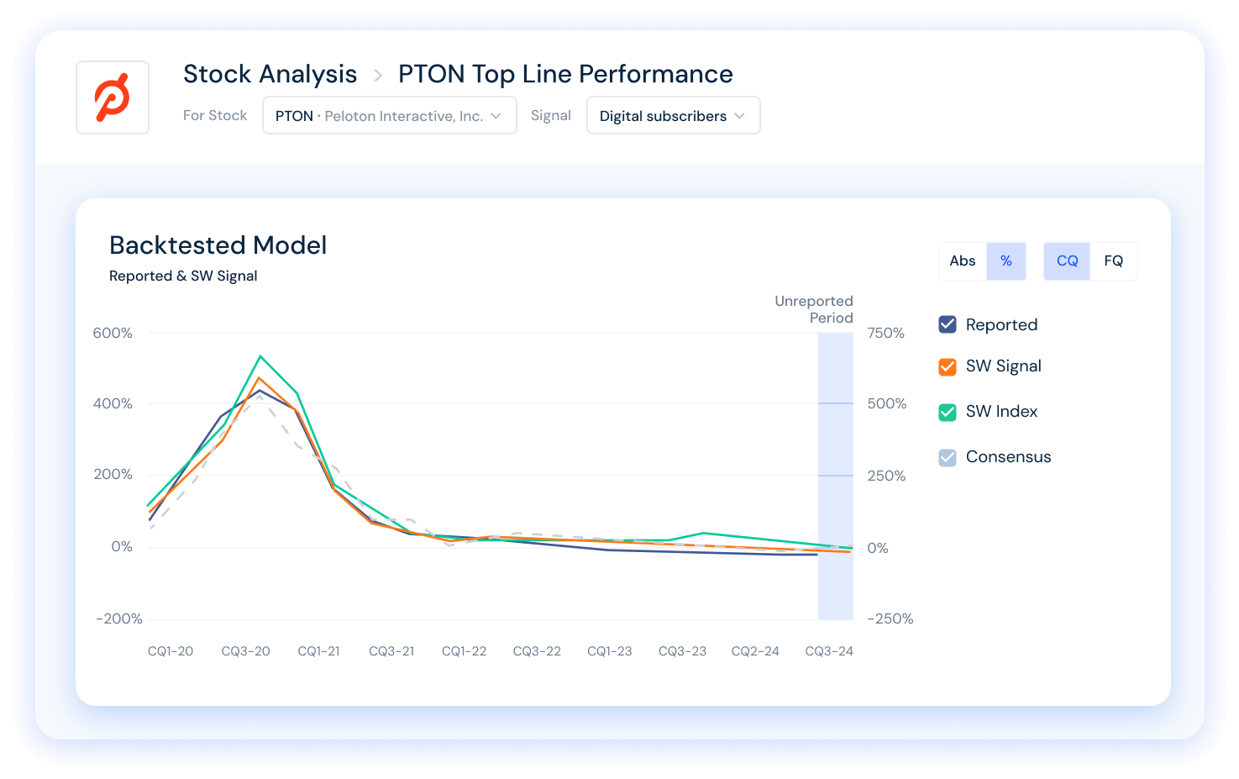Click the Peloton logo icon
coord(113,97)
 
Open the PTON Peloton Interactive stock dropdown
coord(389,116)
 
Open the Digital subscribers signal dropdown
coord(673,116)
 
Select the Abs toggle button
coord(963,261)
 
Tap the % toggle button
coord(1006,261)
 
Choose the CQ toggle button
coord(1067,261)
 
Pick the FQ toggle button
coord(1114,261)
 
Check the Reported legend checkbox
coord(948,324)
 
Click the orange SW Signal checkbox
coord(948,366)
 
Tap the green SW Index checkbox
coord(948,412)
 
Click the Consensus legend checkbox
coord(948,457)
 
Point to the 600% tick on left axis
coord(113,333)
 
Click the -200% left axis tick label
coord(119,619)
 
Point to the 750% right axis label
coord(886,333)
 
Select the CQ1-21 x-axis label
coord(319,651)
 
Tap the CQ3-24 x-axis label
coord(829,651)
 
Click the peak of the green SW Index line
coord(260,356)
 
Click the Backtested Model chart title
coord(218,245)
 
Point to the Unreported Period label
coord(814,309)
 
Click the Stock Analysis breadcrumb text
coord(270,74)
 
